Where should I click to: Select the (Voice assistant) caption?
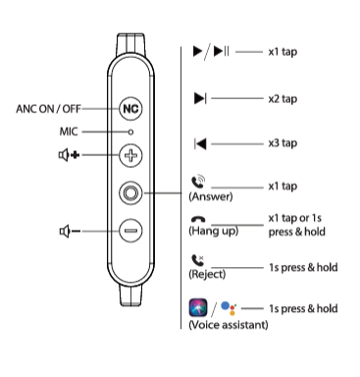click(x=227, y=324)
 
